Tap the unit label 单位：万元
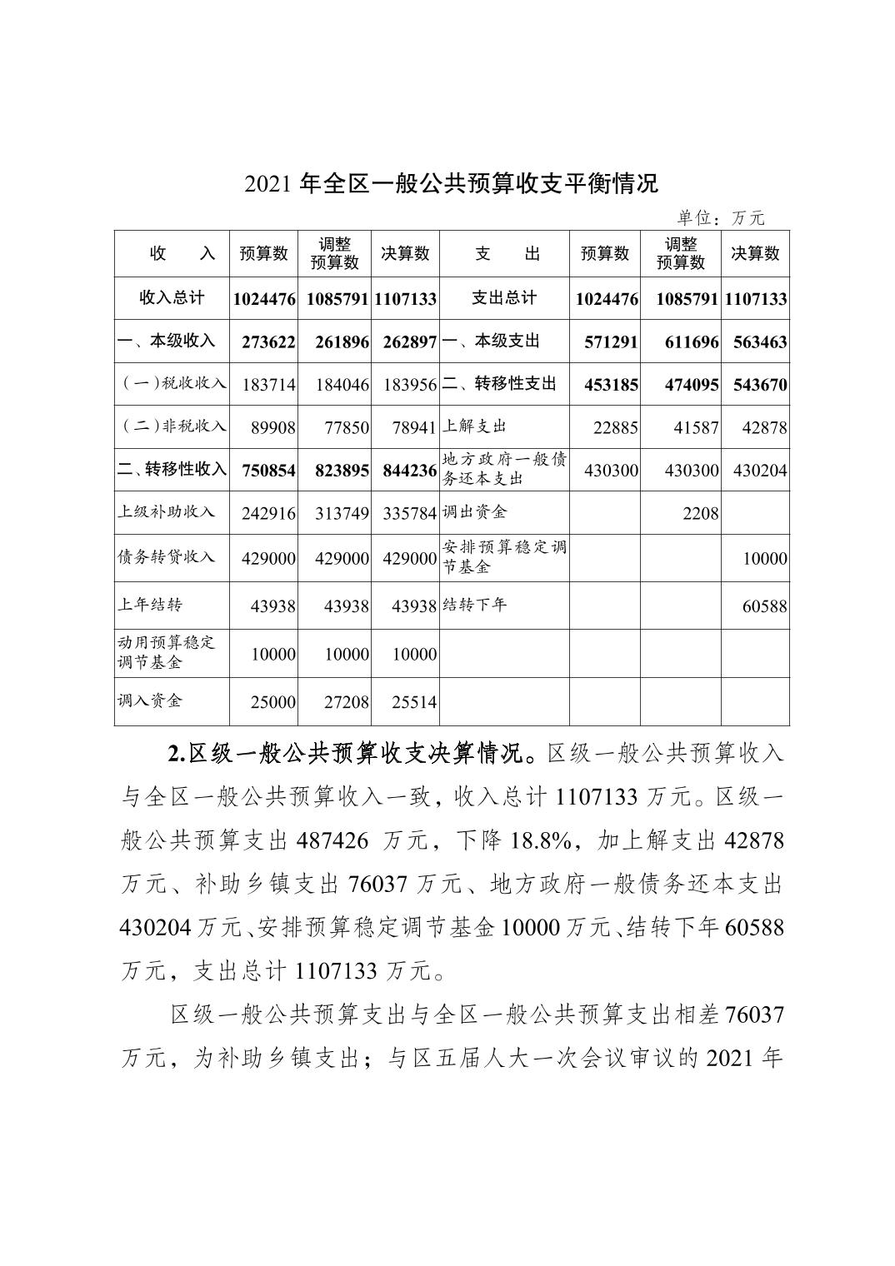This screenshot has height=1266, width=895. click(x=720, y=218)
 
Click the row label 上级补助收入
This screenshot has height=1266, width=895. click(x=167, y=511)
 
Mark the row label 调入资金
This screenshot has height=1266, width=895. click(x=150, y=700)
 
